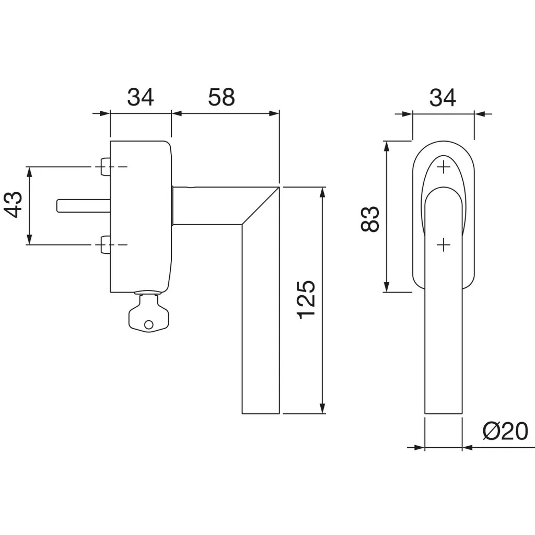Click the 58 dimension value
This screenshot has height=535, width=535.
222,98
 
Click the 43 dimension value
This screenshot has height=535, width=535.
14,205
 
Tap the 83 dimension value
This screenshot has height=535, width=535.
369,219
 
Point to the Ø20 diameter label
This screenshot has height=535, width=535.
505,432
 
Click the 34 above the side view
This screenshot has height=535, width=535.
141,98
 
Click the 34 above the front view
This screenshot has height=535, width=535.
443,98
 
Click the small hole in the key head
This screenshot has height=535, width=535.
149,325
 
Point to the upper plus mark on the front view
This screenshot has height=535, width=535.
443,167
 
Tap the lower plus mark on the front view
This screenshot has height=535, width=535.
443,244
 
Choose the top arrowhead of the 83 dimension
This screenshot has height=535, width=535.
387,147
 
